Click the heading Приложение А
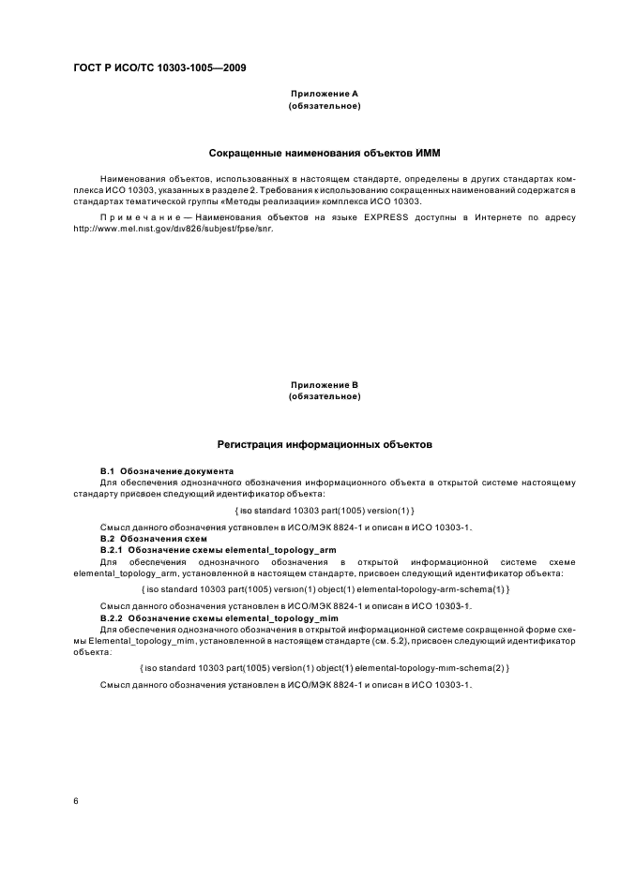[325, 95]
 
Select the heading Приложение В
[325, 385]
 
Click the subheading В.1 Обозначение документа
[167, 470]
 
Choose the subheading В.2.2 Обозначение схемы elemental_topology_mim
[218, 619]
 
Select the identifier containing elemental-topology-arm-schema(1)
[324, 589]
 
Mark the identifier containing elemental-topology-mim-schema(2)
[324, 667]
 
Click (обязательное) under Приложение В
[325, 396]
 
